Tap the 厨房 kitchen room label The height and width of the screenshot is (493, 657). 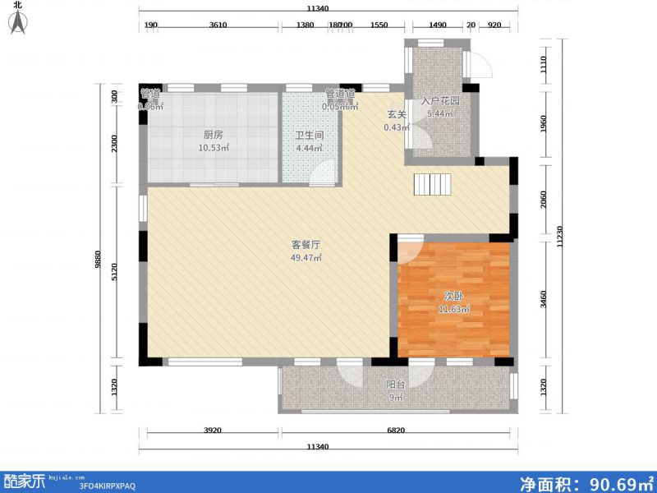pyautogui.click(x=213, y=135)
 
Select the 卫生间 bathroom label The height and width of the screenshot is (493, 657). pyautogui.click(x=309, y=136)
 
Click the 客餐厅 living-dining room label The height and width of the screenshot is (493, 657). pyautogui.click(x=306, y=245)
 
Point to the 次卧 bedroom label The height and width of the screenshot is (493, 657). pyautogui.click(x=453, y=296)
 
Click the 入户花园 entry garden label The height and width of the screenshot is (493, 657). pyautogui.click(x=440, y=101)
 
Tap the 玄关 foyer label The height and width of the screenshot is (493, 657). pyautogui.click(x=397, y=115)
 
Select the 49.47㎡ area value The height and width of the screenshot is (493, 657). pyautogui.click(x=306, y=258)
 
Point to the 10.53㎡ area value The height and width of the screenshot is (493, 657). pyautogui.click(x=213, y=148)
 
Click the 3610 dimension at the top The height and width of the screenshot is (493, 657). pyautogui.click(x=218, y=25)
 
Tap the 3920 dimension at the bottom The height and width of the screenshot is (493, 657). pyautogui.click(x=212, y=431)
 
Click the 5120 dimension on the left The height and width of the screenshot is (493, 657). pyautogui.click(x=116, y=272)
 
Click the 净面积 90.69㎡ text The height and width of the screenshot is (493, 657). pyautogui.click(x=585, y=481)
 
